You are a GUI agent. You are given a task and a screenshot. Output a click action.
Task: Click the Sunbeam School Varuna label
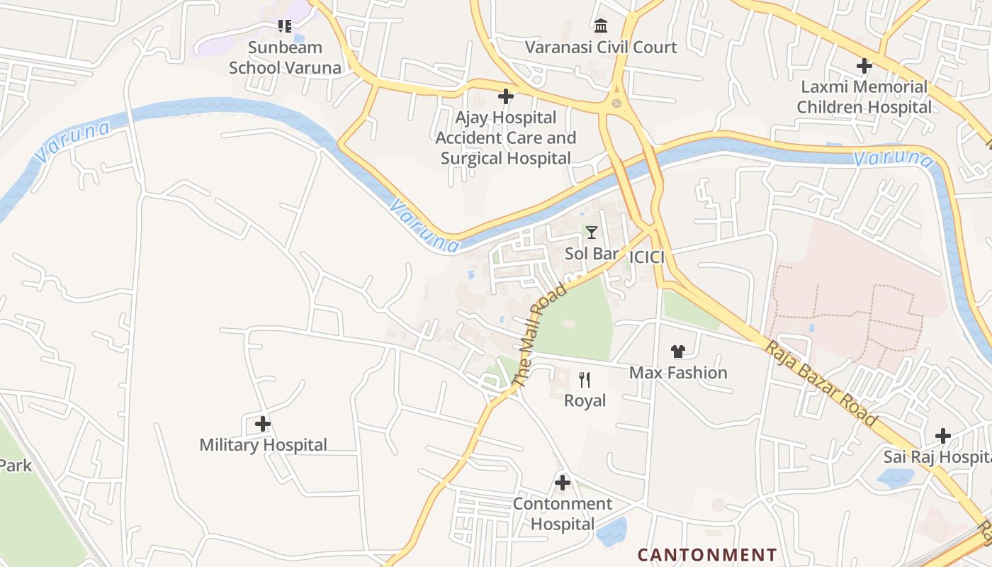(x=285, y=57)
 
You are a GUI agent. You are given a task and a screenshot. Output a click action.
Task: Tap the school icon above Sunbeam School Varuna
(x=285, y=27)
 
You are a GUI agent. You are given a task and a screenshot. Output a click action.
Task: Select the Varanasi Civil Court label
(x=601, y=47)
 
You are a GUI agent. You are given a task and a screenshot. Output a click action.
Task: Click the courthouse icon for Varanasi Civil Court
(x=601, y=26)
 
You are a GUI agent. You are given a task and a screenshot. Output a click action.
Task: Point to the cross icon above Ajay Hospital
(x=506, y=96)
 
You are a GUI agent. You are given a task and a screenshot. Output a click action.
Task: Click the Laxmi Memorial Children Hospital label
(x=864, y=97)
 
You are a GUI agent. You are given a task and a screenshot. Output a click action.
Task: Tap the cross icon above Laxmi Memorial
(x=864, y=66)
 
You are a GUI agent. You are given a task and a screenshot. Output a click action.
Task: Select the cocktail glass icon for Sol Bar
(x=592, y=232)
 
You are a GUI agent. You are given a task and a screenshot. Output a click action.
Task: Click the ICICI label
(x=646, y=257)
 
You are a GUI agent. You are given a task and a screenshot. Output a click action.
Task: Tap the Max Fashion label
(x=678, y=373)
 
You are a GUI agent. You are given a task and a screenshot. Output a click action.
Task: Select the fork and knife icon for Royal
(x=585, y=380)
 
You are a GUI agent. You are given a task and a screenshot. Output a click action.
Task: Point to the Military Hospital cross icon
(x=263, y=424)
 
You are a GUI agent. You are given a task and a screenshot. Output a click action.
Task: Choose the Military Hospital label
(x=263, y=445)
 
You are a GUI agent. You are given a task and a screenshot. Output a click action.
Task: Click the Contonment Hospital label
(x=563, y=514)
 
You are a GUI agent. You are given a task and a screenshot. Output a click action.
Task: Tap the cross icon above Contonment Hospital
(x=563, y=483)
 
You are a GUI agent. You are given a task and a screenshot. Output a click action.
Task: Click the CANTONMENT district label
(x=707, y=554)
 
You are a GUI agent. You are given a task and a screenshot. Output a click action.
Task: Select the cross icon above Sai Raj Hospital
(x=943, y=435)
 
